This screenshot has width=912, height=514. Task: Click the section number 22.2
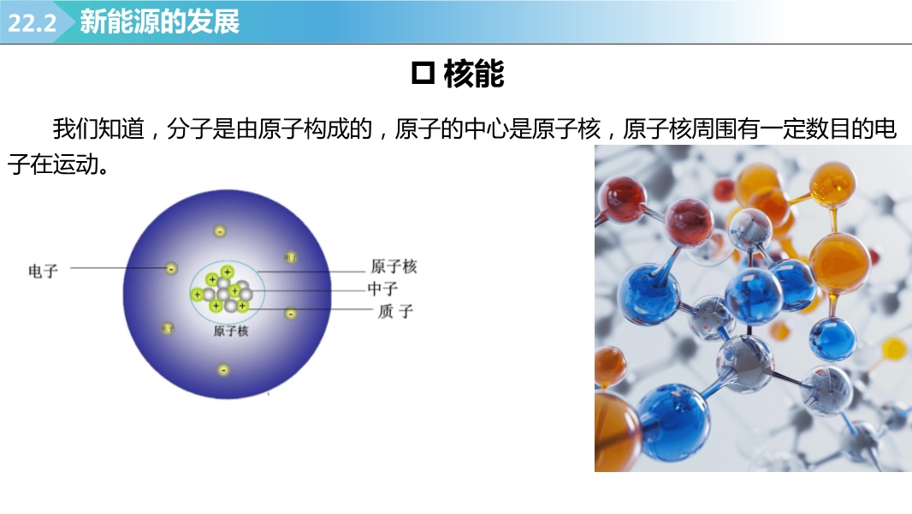point(32,23)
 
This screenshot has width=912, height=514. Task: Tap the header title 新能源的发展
point(159,21)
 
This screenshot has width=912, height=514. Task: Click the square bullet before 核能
point(423,74)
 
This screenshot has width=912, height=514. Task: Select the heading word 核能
point(473,74)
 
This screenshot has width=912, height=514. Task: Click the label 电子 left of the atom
point(43,271)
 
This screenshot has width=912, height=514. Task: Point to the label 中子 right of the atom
point(382,289)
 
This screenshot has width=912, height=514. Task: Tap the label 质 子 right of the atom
point(395,312)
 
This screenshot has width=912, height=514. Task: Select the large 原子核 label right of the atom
point(394,266)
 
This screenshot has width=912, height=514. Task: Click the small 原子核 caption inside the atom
point(231,332)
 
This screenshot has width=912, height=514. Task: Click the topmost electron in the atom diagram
point(220,231)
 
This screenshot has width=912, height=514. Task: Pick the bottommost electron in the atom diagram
point(223,369)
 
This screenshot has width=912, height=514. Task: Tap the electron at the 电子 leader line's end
point(171,268)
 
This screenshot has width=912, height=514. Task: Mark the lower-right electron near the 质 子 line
point(291,314)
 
